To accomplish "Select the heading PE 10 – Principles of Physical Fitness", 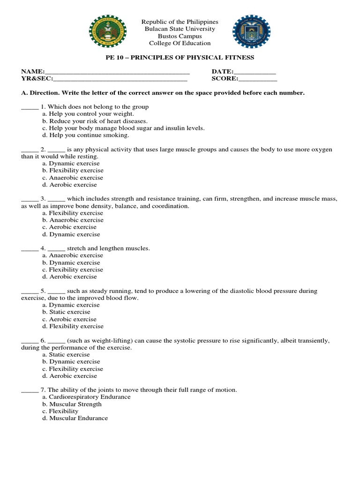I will point(180,57).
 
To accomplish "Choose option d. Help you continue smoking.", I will point(85,135).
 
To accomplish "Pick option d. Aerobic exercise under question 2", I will point(69,185).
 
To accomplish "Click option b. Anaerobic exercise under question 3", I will point(73,220).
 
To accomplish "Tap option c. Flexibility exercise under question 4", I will point(73,270).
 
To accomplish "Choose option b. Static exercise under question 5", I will point(66,312).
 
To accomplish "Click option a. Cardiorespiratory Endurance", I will point(86,397).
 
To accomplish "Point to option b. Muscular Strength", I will point(72,404).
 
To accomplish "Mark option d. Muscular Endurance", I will point(75,418).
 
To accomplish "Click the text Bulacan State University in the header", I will point(180,29).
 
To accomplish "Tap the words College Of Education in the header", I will point(180,43).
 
